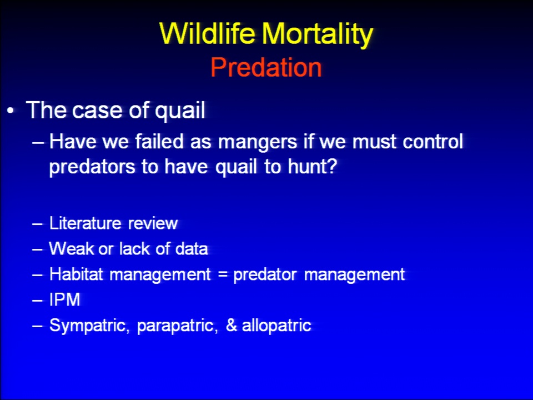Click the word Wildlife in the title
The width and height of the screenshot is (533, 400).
click(x=207, y=33)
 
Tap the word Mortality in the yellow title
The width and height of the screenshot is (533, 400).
click(x=318, y=34)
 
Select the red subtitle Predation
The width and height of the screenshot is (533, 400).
click(x=266, y=67)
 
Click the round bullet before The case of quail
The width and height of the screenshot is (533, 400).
click(x=11, y=111)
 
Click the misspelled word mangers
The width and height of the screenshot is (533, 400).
click(x=258, y=142)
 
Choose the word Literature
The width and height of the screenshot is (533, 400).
click(x=86, y=223)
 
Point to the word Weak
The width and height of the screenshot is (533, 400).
click(x=71, y=248)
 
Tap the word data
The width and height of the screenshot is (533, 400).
click(x=192, y=248)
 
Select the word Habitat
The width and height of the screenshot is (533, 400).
click(x=76, y=274)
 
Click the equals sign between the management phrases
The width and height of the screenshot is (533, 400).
click(x=223, y=274)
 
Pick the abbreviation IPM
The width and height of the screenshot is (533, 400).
click(x=64, y=299)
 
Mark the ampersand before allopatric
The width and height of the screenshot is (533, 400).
click(x=231, y=325)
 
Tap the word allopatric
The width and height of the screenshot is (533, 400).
click(x=276, y=326)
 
